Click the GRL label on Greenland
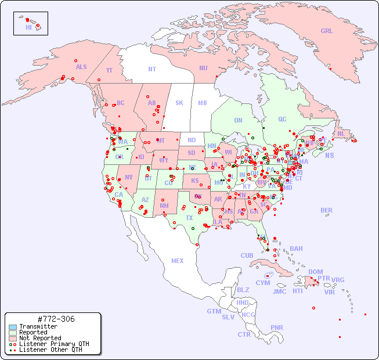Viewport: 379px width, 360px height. coord(327,31)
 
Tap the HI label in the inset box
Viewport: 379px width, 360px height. coord(28,27)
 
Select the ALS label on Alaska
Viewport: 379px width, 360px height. coord(81,67)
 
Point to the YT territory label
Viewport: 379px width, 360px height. coord(109,70)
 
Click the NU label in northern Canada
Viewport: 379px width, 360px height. coord(203,68)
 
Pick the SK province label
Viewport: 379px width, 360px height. coord(179,103)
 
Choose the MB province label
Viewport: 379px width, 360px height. coord(203,103)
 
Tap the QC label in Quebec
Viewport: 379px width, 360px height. coord(282,119)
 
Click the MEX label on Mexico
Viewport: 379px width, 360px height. coord(178,261)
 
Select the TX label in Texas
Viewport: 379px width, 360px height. coord(189,218)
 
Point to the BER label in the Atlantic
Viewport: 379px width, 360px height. coord(327,210)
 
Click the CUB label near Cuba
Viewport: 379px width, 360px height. coord(247,255)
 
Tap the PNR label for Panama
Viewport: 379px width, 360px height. coord(277,327)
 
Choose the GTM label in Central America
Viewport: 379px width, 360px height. coord(214,311)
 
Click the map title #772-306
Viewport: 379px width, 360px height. coord(55,319)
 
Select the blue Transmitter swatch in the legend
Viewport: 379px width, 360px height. coord(12,327)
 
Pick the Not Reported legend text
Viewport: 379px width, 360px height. coord(40,338)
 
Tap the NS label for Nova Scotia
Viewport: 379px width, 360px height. coord(330,155)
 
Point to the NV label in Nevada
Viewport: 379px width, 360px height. coord(129,177)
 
